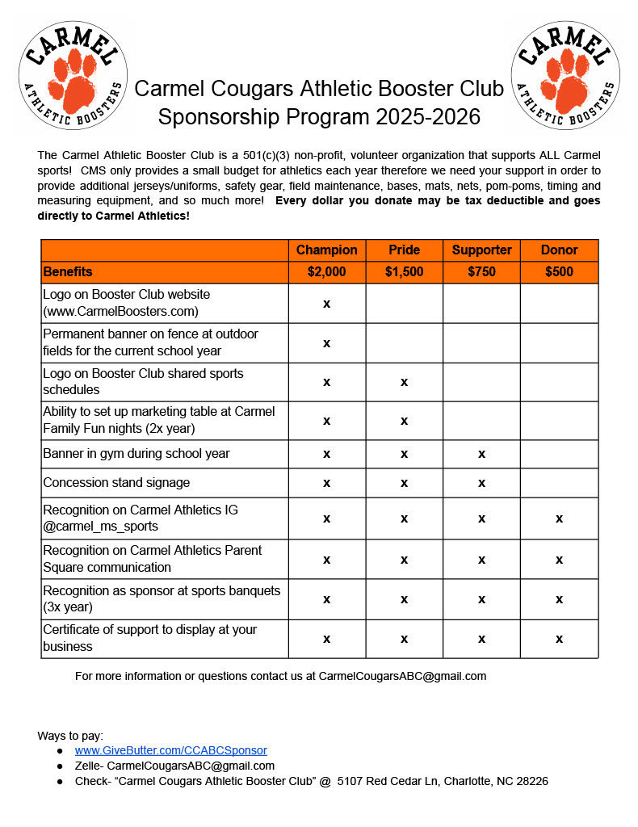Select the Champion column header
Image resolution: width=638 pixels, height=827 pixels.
click(326, 250)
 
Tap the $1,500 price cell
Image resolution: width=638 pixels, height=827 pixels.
click(404, 271)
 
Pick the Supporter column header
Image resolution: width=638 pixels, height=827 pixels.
click(481, 250)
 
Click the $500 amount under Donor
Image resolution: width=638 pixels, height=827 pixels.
click(559, 271)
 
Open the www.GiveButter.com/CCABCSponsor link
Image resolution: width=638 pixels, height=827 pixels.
click(170, 750)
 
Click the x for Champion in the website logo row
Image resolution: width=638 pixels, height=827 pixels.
click(326, 303)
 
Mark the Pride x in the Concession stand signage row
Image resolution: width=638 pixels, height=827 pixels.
click(404, 483)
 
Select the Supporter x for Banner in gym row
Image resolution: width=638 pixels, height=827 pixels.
click(481, 454)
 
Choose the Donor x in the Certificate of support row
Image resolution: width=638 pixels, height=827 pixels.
click(559, 639)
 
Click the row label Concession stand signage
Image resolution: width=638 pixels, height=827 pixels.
click(116, 483)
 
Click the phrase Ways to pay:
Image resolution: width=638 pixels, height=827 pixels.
click(70, 735)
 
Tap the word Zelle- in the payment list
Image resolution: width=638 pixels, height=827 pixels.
click(89, 766)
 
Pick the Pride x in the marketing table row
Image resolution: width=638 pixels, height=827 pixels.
click(404, 420)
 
